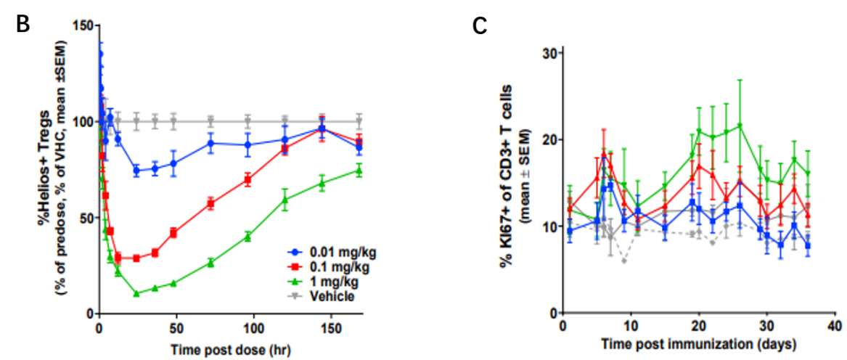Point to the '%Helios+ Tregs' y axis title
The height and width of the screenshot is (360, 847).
(x=45, y=167)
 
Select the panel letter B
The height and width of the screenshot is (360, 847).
(x=22, y=23)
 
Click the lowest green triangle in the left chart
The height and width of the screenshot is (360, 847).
(x=136, y=293)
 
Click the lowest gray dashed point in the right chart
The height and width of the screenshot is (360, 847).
(x=624, y=261)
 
